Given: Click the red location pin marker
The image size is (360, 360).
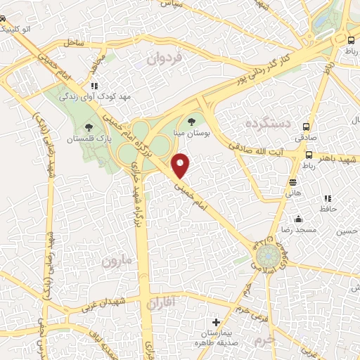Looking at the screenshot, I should [x=181, y=166].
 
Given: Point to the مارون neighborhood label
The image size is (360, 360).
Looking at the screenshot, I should [x=116, y=262].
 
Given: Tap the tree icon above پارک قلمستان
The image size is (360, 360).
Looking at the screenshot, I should [x=89, y=127].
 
